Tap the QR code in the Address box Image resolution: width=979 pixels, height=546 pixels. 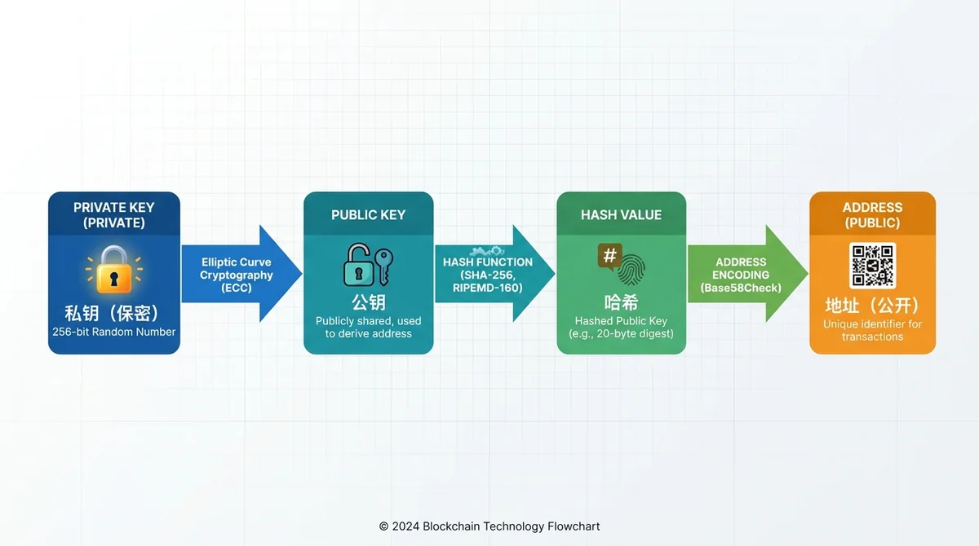pos(872,266)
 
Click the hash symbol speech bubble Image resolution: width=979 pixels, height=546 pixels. pos(609,257)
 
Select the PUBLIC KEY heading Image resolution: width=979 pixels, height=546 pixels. pos(368,215)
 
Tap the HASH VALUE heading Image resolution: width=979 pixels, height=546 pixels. pos(621,215)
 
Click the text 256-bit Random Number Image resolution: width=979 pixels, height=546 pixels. pos(113,332)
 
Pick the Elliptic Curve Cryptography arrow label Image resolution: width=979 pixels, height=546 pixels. pos(237,275)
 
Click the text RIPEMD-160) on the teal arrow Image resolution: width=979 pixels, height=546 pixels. pos(488,288)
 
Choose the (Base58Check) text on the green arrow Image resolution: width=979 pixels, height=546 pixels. pos(741,288)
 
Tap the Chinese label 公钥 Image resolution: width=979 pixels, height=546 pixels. pos(369,302)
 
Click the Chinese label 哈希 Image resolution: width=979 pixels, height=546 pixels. pos(621,302)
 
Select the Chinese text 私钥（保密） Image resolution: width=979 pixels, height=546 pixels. pos(113,313)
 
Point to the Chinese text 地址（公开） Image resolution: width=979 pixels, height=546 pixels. pos(872,306)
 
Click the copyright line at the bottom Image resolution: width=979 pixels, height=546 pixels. pos(489,526)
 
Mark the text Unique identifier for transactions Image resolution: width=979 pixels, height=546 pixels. pos(872,330)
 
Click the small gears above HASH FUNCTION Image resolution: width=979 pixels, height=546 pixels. pos(487,251)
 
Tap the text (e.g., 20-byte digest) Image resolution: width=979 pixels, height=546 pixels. pos(621,334)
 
